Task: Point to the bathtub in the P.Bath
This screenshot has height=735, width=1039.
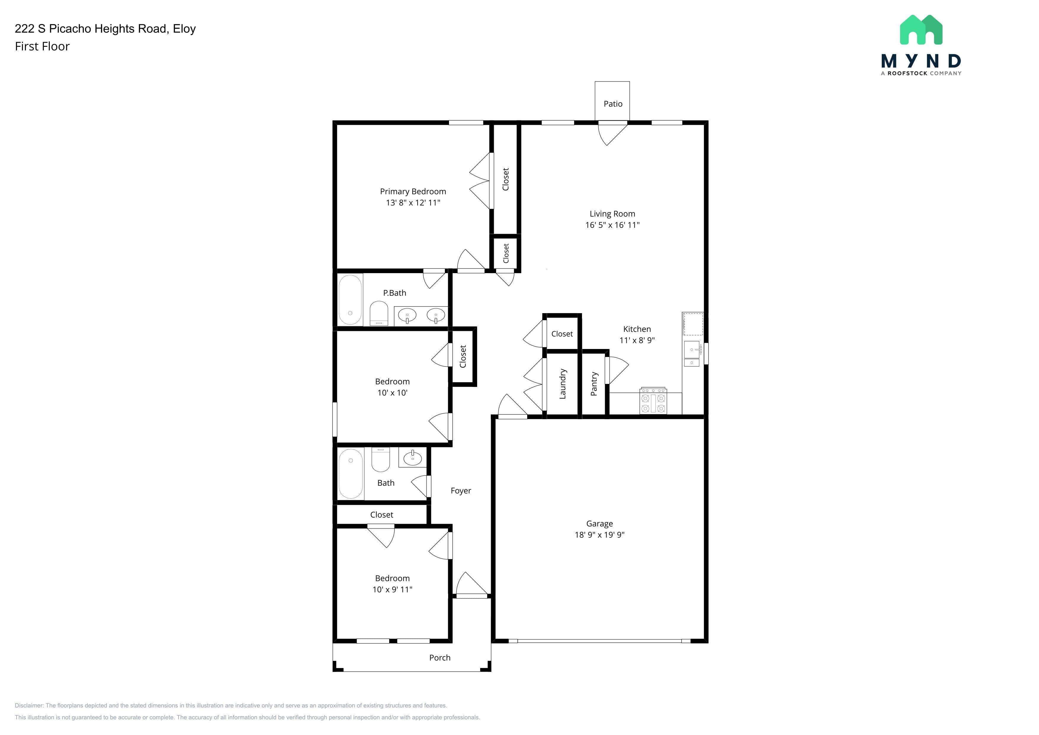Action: click(350, 299)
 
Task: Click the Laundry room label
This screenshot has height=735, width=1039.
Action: click(562, 384)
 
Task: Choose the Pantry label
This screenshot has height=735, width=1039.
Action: click(594, 384)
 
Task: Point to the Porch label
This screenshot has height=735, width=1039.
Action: click(440, 658)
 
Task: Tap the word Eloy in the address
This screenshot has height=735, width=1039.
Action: click(184, 28)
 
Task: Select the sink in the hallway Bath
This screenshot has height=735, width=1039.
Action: click(412, 458)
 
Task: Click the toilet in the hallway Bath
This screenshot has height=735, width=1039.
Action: click(381, 459)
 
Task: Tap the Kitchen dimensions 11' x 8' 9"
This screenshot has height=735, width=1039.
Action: click(637, 340)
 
